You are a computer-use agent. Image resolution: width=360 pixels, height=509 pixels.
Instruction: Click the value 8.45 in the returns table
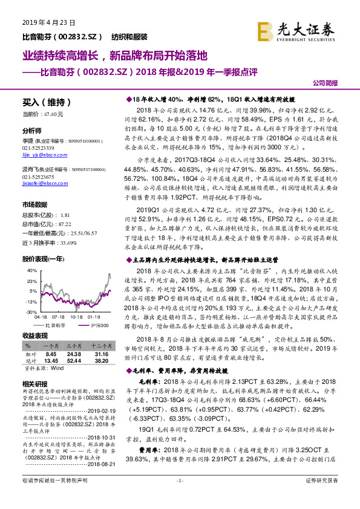[51, 354]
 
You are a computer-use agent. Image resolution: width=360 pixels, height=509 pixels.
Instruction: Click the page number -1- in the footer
[180, 497]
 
